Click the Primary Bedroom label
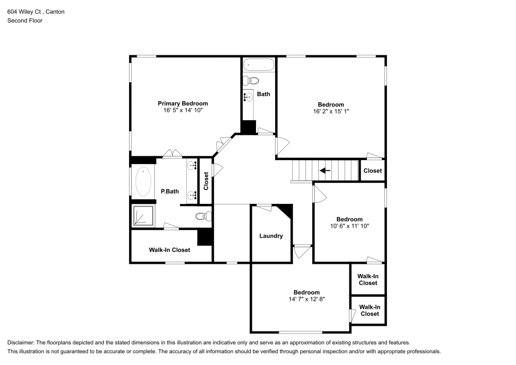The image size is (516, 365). point(183,103)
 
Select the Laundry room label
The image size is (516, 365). point(271,236)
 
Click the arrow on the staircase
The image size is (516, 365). point(325,170)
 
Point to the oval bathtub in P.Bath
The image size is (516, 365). point(143,182)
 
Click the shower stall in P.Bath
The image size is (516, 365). point(143,216)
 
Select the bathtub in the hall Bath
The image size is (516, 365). point(259,66)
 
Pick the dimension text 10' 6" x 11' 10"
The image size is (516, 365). point(349,226)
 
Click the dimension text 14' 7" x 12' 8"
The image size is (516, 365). point(307,299)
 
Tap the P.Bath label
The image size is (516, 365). point(170,192)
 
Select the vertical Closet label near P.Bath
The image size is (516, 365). point(206,181)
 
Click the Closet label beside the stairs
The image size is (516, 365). point(373,171)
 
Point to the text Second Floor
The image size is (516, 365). point(25,21)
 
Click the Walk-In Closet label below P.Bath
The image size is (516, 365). point(169,250)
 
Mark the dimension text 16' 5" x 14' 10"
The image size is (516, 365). point(183,110)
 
